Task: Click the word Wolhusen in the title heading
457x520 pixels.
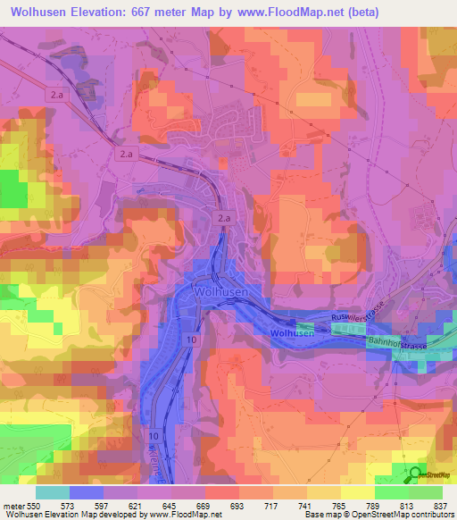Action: (38, 13)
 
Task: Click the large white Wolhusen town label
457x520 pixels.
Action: (223, 290)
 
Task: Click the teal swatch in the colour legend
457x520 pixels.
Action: (52, 492)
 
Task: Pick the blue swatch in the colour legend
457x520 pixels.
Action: (86, 492)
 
